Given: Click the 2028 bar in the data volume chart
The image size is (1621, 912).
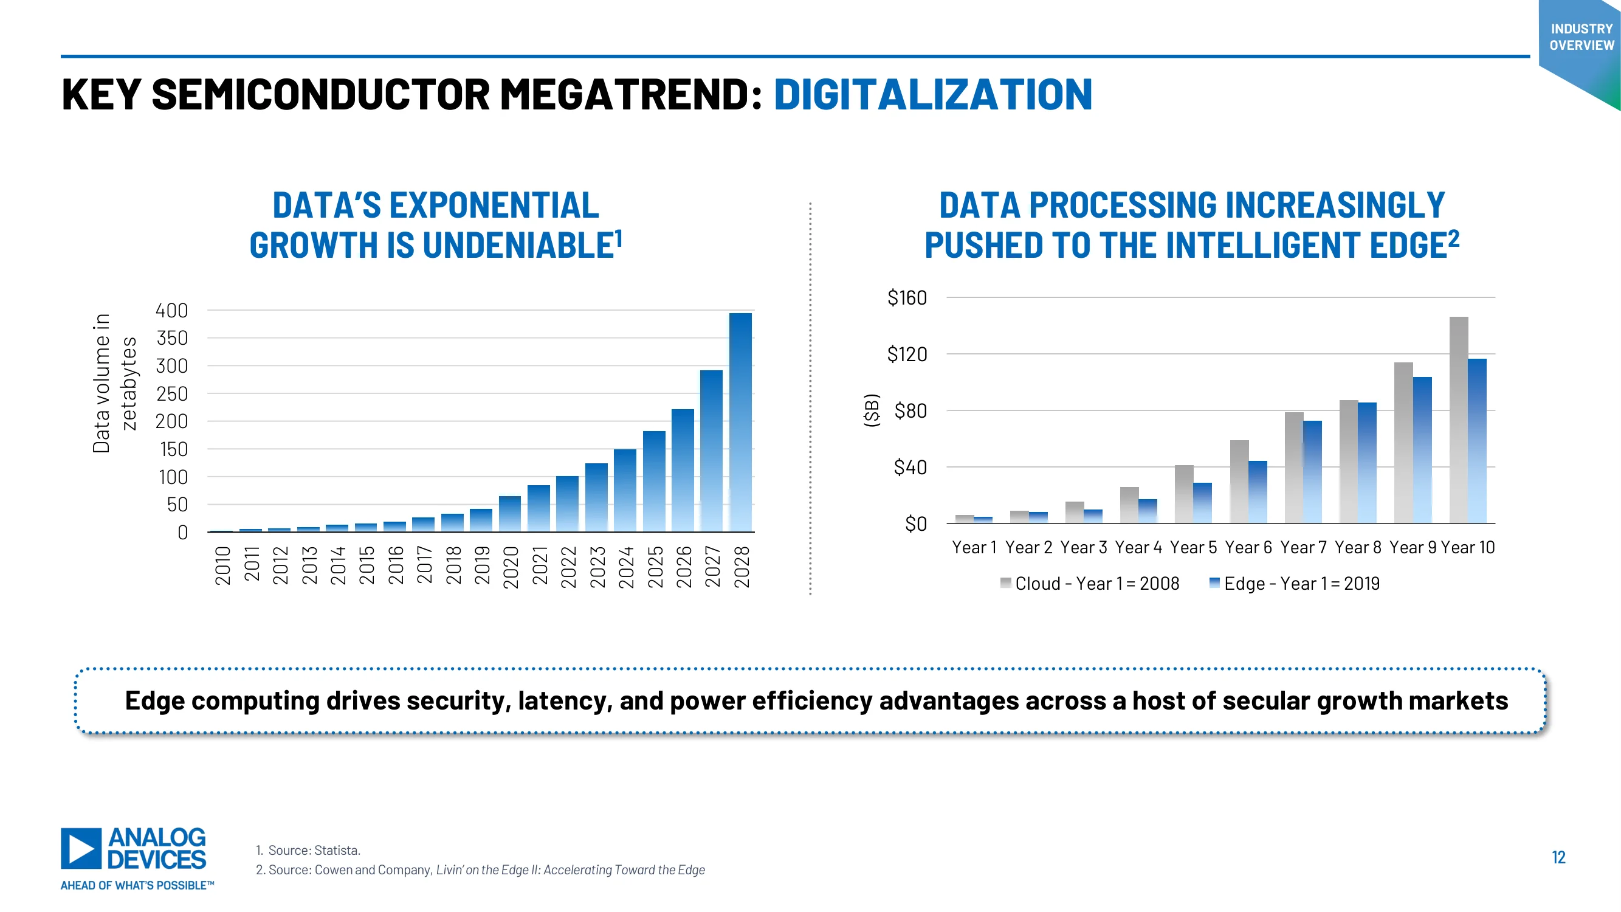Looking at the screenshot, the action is tap(741, 423).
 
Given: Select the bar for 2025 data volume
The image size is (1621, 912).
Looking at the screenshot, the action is tap(654, 482).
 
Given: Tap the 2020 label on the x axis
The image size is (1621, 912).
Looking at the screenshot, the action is tap(511, 567).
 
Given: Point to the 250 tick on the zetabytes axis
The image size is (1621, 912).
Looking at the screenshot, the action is tap(172, 394).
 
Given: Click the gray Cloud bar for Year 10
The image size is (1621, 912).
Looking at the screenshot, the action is tap(1459, 420).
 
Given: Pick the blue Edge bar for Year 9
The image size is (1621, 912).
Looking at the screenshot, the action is tap(1422, 450).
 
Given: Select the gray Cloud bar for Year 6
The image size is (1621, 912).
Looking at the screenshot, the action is tap(1239, 482).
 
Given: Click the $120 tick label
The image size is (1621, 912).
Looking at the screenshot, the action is tap(907, 354).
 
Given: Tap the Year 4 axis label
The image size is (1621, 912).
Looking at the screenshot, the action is tap(1138, 548).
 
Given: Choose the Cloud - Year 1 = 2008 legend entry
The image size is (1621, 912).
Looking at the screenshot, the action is tap(1090, 584).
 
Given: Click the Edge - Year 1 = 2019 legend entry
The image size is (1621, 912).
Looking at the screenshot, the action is tap(1295, 584).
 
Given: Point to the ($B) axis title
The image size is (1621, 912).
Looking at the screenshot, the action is tap(872, 410).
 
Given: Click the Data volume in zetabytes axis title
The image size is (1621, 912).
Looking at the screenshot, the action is tap(114, 383).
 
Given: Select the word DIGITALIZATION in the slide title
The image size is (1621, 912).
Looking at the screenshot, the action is tap(932, 95).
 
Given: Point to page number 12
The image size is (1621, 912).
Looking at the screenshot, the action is tap(1558, 857).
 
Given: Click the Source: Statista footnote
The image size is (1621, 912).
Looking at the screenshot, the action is tap(308, 851).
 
